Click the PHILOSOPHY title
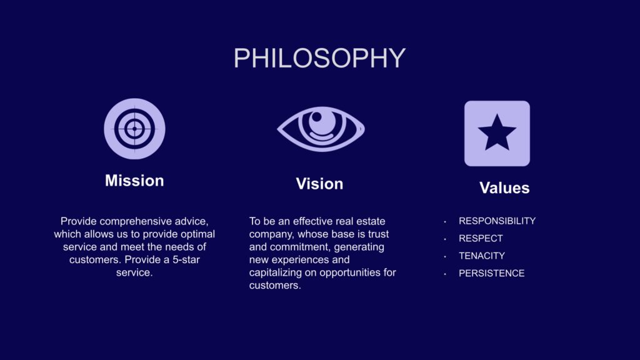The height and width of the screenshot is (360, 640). point(319,58)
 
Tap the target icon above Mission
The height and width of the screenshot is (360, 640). point(135,129)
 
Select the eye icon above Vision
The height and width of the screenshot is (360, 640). point(321,129)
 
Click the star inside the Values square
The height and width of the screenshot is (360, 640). point(497,132)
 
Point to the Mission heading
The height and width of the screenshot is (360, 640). point(134,181)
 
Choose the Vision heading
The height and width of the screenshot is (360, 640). point(319,184)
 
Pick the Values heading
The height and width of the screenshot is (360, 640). point(504,187)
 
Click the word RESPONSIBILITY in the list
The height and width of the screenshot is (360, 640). point(497,221)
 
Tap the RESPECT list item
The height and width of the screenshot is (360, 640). point(481,238)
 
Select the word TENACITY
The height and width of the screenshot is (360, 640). point(482,256)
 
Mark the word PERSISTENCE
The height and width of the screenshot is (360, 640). point(492,274)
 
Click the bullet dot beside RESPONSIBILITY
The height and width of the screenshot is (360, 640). point(445,222)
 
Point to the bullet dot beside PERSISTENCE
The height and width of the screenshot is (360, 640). point(445,274)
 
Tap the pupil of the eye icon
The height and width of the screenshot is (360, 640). point(316,117)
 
